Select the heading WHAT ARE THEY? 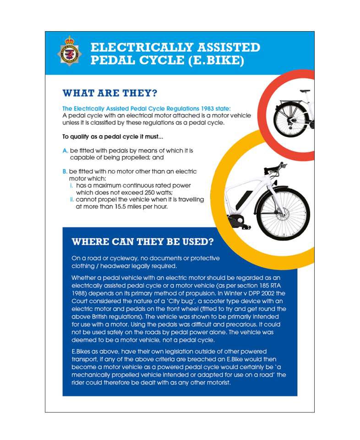(110, 93)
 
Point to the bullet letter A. (65, 151)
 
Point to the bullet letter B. (65, 171)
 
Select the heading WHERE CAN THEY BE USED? (142, 242)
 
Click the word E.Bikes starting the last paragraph (83, 352)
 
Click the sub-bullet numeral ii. (72, 200)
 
